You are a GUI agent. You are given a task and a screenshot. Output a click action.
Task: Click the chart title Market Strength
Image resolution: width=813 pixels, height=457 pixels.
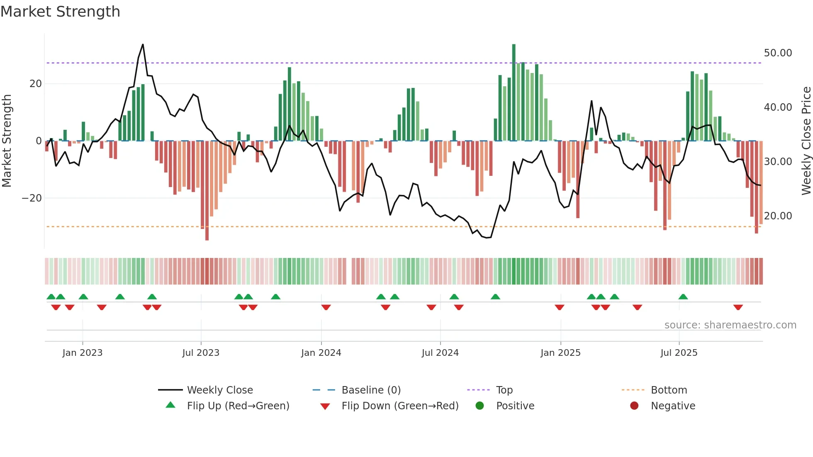(x=61, y=12)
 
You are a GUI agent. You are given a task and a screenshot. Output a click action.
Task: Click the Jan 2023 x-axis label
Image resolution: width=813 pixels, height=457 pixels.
(x=83, y=353)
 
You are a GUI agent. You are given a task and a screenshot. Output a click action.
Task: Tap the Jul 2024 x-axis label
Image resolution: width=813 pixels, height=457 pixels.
(x=440, y=353)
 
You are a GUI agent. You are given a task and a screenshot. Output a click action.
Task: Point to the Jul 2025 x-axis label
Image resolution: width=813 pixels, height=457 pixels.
(x=679, y=353)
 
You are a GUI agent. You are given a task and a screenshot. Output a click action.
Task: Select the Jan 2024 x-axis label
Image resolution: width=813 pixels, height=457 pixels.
(x=321, y=353)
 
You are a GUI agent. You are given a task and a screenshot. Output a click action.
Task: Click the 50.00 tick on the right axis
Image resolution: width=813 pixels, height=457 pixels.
(x=778, y=53)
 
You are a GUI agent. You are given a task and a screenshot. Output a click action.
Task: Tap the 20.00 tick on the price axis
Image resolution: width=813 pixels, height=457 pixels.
(x=778, y=216)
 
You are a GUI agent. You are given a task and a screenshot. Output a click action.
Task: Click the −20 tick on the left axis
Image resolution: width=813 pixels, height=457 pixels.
(x=32, y=198)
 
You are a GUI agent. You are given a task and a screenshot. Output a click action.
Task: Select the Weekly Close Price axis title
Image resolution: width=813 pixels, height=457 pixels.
(x=806, y=141)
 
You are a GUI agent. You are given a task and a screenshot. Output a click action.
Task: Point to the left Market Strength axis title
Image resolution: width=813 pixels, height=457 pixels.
(x=7, y=141)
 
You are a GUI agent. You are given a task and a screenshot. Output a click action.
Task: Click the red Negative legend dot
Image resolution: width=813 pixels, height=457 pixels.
(x=634, y=406)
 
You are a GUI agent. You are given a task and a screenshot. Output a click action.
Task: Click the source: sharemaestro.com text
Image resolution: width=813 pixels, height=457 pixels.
(x=730, y=325)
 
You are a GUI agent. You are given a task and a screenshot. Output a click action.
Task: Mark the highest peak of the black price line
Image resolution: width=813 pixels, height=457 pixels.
(x=143, y=44)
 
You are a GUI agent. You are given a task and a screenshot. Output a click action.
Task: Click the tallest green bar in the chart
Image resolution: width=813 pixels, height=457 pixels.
(x=514, y=92)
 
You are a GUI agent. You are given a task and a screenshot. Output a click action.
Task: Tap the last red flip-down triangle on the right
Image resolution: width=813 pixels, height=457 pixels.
(x=738, y=307)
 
